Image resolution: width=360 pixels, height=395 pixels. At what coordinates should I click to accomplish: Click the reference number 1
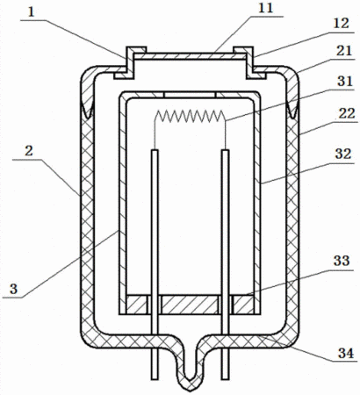coord(32,13)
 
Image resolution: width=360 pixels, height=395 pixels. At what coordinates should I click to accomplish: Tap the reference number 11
coord(266,8)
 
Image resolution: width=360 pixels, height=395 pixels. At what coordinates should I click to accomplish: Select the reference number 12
coord(341,24)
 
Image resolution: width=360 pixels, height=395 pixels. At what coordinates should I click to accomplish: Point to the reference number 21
coord(343,51)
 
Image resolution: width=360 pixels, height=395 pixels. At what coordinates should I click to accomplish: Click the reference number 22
coord(347,113)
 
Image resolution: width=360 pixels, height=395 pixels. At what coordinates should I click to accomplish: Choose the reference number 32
coord(343,154)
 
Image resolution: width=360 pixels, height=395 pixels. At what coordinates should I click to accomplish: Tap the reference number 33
coord(342,261)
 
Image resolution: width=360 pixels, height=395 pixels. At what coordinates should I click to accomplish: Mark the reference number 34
coord(346,354)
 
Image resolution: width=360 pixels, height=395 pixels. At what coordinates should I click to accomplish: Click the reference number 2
coord(29,151)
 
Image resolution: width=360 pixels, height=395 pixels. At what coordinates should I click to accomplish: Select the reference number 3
coord(13,289)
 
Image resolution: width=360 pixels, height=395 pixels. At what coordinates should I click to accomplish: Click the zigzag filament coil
coord(191,117)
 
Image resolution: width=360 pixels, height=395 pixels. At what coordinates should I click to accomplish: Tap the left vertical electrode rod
coord(155,265)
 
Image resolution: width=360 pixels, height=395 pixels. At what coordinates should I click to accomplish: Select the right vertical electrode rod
coord(225,265)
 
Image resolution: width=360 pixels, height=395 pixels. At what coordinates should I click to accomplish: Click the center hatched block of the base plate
coord(191,305)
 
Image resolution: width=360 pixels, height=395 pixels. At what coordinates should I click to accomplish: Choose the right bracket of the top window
coord(249,62)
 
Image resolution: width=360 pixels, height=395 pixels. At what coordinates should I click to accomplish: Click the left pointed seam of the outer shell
coord(87,108)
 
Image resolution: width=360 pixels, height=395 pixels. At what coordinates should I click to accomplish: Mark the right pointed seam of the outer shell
coord(293,108)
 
